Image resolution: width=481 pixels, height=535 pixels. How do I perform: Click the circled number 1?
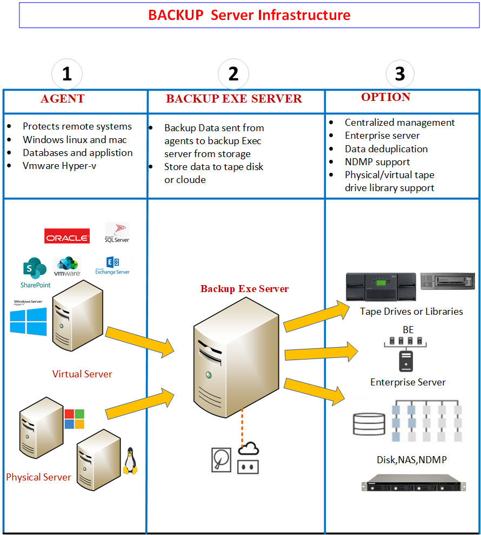66,74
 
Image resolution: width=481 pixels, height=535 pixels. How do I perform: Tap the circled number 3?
400,74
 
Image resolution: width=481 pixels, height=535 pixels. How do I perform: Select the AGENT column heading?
63,99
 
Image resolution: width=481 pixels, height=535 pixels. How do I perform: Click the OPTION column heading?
385,97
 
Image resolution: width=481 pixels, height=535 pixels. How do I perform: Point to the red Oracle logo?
67,237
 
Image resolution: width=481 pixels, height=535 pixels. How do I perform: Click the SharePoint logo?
35,272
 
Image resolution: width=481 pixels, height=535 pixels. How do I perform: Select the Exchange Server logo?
112,266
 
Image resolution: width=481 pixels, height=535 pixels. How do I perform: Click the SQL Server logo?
117,233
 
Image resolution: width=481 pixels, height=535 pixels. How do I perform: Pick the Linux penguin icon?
130,462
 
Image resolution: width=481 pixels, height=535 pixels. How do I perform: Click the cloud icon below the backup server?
249,449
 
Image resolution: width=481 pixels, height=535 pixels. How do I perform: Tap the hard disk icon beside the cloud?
221,459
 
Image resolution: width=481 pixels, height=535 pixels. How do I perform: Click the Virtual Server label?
82,374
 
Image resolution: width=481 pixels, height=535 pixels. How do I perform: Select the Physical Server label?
38,477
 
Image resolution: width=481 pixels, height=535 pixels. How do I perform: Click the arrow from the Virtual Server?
141,342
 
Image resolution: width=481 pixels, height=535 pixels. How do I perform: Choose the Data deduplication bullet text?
386,149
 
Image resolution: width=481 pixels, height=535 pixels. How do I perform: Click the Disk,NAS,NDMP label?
411,460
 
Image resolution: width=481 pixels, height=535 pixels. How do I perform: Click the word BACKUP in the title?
176,15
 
